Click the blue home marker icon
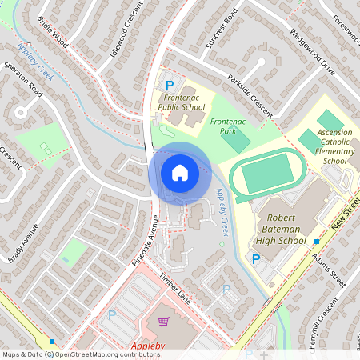click(x=180, y=173)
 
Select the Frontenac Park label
click(x=226, y=125)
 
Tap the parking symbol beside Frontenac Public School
click(x=169, y=85)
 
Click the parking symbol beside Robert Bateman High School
click(x=256, y=259)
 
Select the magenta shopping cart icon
click(x=164, y=322)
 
